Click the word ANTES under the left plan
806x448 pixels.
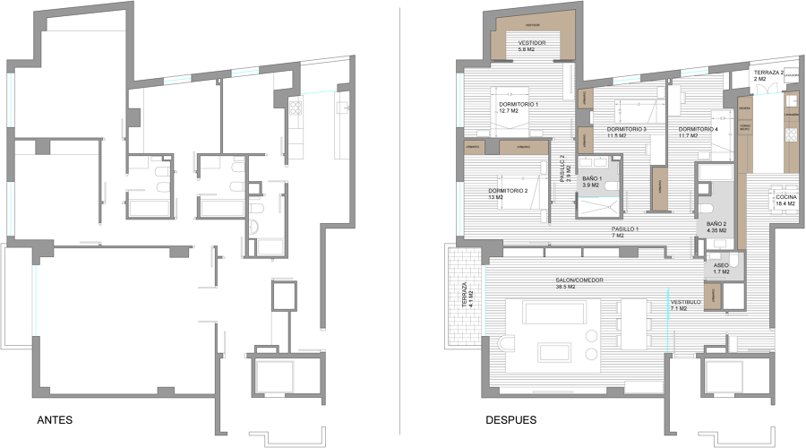pos(55,419)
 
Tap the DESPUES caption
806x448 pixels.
pos(511,419)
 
